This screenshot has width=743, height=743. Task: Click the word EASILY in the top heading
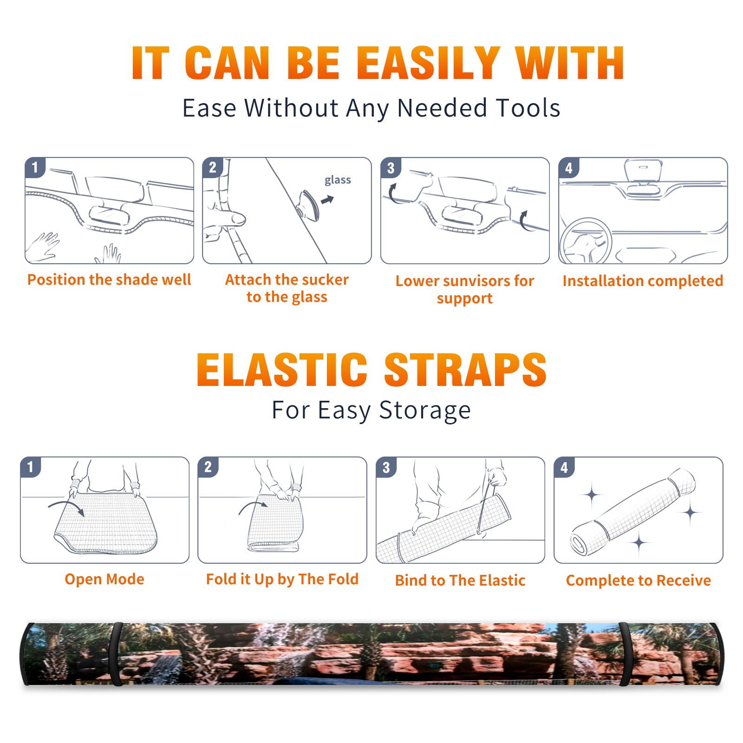pos(429,63)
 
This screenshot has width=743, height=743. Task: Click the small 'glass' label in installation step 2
pos(338,180)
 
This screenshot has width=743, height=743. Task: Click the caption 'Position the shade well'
pos(109,280)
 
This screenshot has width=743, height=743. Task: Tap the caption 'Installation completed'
pos(643,281)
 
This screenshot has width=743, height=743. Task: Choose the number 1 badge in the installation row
pos(35,167)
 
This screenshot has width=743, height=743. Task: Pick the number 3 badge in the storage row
pos(386,467)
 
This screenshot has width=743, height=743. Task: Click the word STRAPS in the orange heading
pos(465,370)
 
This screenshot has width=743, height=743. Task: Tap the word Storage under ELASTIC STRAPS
pos(425,411)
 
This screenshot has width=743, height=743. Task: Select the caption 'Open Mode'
pos(104,579)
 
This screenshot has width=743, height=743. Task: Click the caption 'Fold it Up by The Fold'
pos(282,579)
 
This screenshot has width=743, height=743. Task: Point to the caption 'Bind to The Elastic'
pos(460,580)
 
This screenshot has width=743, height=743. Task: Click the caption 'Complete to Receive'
pos(639,580)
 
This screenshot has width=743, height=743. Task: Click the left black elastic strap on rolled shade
pos(116,654)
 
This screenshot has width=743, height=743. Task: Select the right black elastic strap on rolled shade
pos(625,654)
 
